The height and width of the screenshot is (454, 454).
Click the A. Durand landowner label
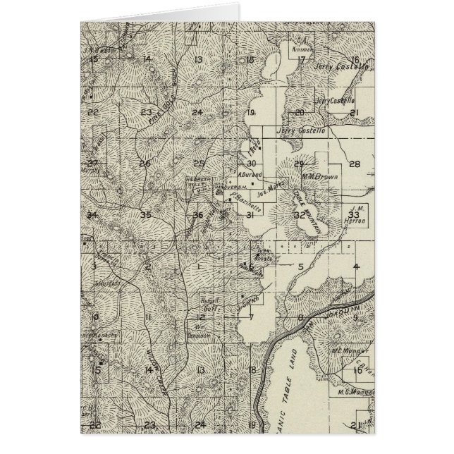(250, 175)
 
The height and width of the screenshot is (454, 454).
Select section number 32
(299, 215)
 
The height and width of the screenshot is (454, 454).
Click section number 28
(355, 164)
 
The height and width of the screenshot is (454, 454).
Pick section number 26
(145, 164)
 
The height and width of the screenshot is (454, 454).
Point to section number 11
(148, 318)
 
